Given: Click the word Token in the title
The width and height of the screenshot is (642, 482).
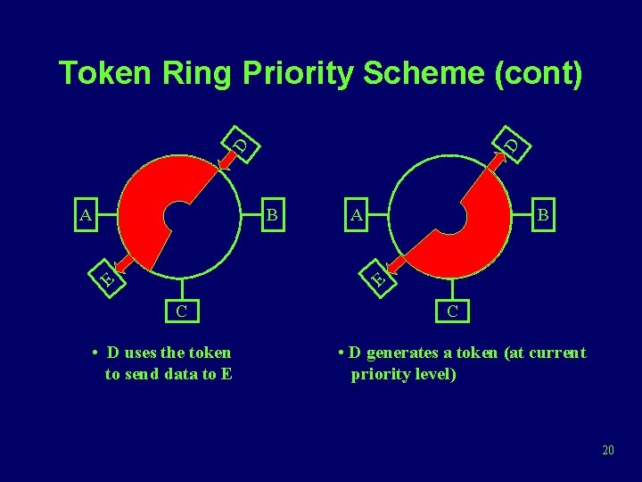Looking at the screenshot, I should (x=107, y=74).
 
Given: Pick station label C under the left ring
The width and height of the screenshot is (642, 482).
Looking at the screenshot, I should (x=181, y=312).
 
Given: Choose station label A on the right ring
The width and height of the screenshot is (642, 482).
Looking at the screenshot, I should (x=357, y=214).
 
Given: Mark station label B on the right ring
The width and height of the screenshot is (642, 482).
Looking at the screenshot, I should (x=543, y=214).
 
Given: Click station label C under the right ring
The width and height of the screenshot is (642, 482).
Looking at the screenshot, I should (x=452, y=312).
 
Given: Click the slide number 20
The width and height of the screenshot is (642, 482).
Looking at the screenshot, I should (x=608, y=450).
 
